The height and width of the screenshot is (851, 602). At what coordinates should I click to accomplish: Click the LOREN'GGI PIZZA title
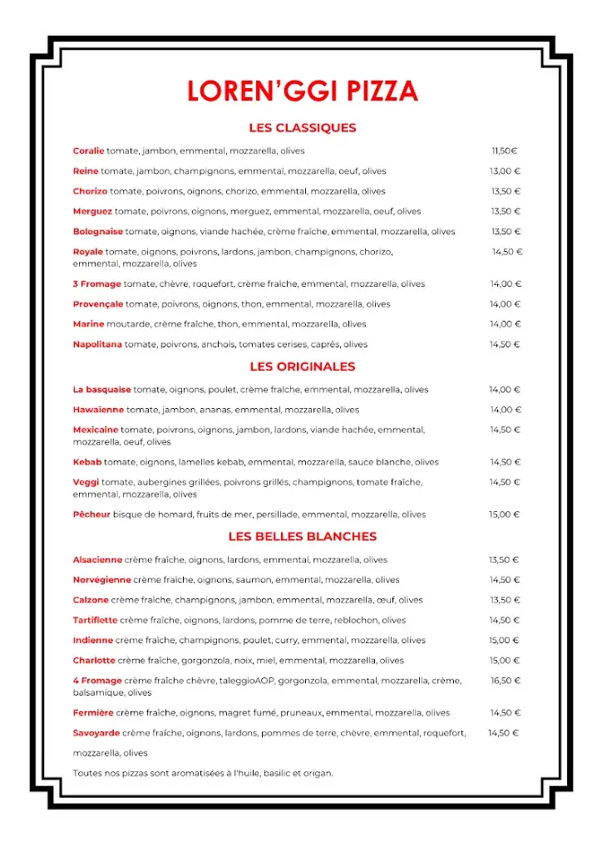click(302, 91)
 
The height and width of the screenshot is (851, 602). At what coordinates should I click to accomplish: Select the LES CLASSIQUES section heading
click(302, 128)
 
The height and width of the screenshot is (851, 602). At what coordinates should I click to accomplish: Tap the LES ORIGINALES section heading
click(302, 366)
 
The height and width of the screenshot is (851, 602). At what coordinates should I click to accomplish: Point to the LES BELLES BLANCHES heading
click(302, 537)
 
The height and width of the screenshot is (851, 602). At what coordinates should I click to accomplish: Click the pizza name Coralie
click(88, 151)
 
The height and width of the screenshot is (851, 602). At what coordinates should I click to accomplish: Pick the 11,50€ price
click(504, 151)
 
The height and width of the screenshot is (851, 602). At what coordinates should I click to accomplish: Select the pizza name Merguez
click(92, 212)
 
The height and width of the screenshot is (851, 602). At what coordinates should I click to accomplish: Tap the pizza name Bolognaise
click(97, 232)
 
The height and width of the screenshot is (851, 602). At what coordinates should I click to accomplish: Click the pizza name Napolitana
click(97, 345)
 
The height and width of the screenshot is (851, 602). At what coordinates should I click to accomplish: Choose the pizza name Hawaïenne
click(98, 410)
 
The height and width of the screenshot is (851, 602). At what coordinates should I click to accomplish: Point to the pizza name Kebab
click(87, 462)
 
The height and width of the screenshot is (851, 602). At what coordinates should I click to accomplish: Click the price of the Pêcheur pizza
click(504, 514)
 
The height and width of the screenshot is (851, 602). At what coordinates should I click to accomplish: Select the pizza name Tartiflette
click(95, 620)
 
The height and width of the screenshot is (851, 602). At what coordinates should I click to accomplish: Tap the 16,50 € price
click(505, 681)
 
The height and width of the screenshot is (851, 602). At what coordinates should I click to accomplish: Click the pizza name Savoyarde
click(96, 733)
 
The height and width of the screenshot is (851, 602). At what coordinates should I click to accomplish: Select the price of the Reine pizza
click(504, 171)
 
